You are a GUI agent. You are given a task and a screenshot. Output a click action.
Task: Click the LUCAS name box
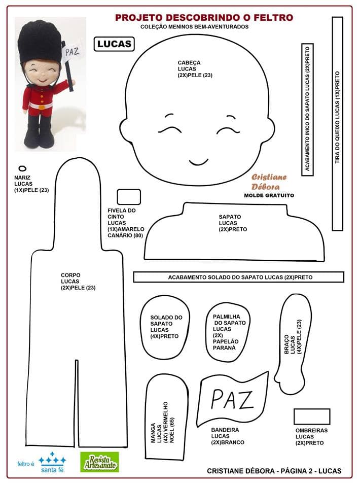(x=114, y=44)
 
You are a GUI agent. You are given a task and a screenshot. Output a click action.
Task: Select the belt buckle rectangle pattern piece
(x=128, y=197)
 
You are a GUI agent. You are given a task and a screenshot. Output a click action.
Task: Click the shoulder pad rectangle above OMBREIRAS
(x=312, y=416)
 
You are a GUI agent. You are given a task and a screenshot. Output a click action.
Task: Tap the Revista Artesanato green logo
(x=99, y=462)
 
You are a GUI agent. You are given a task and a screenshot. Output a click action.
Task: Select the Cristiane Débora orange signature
(x=269, y=181)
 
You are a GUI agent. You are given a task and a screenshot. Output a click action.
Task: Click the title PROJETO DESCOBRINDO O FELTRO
(x=204, y=18)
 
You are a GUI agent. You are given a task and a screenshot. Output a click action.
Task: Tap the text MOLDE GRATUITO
(x=269, y=195)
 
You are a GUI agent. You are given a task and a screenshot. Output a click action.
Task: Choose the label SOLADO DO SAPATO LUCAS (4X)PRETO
(x=166, y=327)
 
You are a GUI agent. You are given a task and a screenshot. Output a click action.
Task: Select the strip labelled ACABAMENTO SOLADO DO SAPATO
(x=238, y=277)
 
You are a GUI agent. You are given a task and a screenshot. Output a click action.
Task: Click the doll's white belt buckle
(x=39, y=106)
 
